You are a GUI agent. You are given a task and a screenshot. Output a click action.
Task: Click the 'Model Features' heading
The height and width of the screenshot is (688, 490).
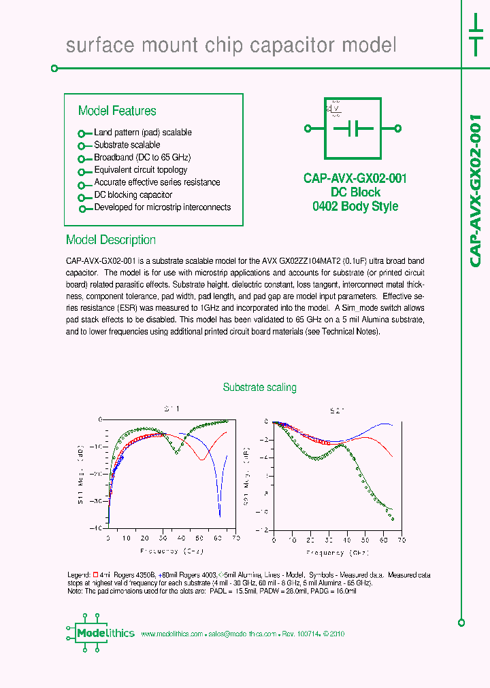coord(117,111)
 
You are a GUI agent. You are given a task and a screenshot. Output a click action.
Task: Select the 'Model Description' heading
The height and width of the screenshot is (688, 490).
coord(110,240)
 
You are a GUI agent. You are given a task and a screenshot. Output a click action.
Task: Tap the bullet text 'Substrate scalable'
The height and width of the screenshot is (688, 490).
coord(127,145)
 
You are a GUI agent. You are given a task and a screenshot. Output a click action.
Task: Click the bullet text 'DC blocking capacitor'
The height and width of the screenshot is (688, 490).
coord(133,194)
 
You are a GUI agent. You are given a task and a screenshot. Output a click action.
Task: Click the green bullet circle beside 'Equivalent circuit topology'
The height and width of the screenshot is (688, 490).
coord(81,171)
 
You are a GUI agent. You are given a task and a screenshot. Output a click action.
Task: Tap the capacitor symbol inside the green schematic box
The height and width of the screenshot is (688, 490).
coord(353,128)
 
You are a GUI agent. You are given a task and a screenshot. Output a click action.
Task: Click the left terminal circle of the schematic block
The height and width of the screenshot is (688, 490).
coord(308,128)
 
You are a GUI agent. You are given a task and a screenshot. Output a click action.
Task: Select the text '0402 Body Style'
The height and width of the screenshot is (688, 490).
coord(355,207)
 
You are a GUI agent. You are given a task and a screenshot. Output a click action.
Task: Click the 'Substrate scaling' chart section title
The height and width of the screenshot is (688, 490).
coord(259,388)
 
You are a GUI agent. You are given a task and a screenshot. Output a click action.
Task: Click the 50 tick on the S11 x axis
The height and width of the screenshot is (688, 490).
coord(199,537)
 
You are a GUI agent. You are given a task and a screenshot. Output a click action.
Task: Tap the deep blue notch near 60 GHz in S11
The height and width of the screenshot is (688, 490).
coord(219,511)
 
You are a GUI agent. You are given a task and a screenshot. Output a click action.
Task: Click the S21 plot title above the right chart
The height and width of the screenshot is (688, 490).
coord(337,411)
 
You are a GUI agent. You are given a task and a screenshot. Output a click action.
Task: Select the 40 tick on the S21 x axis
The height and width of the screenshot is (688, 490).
coord(346,540)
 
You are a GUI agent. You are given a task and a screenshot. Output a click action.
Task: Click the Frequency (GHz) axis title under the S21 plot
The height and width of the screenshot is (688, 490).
coord(337,553)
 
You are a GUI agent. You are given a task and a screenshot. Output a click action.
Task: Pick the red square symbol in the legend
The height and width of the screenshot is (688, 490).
coord(95,575)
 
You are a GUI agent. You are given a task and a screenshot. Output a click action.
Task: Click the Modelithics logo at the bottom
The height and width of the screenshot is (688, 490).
coord(101,634)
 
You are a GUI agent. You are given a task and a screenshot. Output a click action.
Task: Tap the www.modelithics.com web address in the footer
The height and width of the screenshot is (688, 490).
coord(171,634)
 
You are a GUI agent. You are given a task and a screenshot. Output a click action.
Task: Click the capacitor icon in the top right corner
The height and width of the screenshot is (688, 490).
coord(475,33)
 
